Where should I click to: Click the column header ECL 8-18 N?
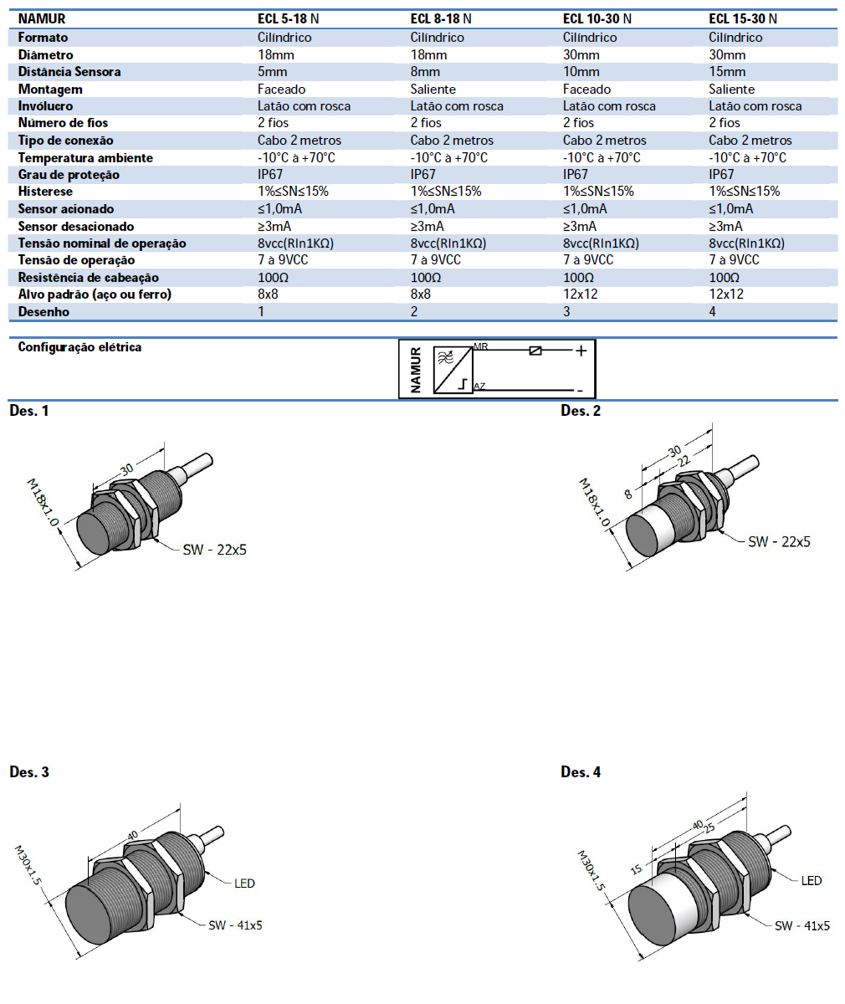click(441, 18)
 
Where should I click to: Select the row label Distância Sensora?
click(69, 72)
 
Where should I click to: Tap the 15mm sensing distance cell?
click(727, 72)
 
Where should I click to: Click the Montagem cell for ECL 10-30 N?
click(586, 89)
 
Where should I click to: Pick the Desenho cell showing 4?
click(713, 311)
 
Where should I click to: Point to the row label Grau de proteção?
click(69, 175)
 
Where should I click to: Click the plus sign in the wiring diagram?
click(581, 351)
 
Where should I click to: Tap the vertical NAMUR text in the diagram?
click(416, 370)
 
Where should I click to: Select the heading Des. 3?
click(29, 771)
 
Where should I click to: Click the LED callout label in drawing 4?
click(812, 880)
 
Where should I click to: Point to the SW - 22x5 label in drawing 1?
click(214, 550)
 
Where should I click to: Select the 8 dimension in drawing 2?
click(628, 494)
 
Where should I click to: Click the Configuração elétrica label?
click(79, 347)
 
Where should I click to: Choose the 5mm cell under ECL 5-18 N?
click(272, 72)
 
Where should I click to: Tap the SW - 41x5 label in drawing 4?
click(801, 925)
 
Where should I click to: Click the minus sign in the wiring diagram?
click(580, 390)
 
